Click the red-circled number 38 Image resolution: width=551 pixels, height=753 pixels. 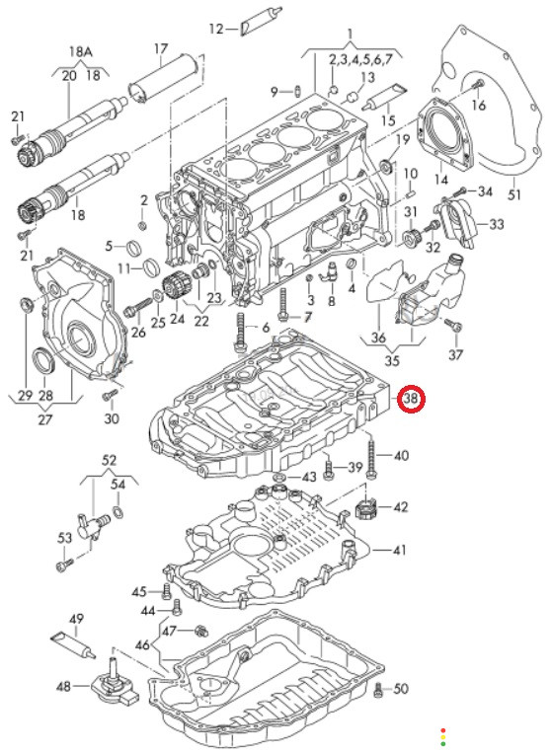tap(412, 399)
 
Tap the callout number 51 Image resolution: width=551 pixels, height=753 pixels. tap(514, 195)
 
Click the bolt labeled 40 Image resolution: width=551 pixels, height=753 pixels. tap(372, 455)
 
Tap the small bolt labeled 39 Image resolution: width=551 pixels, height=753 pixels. tap(328, 469)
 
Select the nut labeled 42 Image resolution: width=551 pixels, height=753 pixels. tap(365, 508)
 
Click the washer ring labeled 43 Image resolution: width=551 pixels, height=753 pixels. tap(278, 479)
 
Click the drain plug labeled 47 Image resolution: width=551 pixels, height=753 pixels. tap(200, 631)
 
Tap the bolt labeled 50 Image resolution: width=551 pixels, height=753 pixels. tap(378, 690)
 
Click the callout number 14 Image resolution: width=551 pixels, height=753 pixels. tap(441, 180)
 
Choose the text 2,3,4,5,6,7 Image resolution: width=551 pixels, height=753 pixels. tap(367, 60)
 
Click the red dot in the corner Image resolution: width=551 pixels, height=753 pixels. tap(443, 730)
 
